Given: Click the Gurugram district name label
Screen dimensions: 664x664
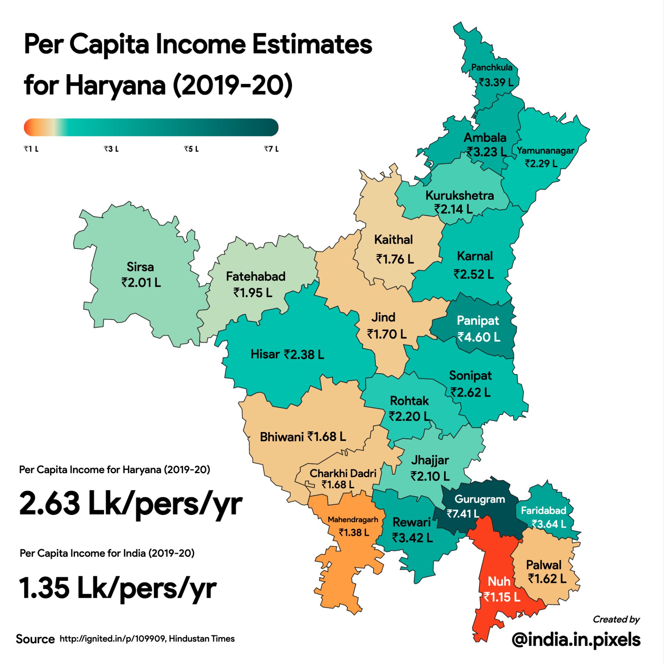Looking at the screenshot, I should [x=479, y=499].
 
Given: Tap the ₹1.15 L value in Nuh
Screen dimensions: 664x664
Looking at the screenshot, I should [x=502, y=597].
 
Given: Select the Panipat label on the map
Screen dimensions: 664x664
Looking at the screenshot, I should [x=478, y=320].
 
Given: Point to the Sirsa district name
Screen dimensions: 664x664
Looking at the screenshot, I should [x=140, y=267].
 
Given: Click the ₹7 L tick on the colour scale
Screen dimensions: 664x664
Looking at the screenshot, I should [x=271, y=149].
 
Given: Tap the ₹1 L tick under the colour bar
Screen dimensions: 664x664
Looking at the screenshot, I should [x=31, y=149].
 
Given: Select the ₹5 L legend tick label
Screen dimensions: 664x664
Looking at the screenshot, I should [x=191, y=149].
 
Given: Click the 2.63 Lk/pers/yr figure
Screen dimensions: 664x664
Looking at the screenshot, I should [x=131, y=504].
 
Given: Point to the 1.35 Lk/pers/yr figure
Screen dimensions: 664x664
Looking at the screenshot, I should [x=118, y=588].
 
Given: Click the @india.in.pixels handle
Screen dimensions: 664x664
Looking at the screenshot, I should [x=576, y=639].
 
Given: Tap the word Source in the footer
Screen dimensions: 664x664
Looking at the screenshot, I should [x=35, y=639].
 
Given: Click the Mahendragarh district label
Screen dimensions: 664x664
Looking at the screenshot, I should [x=353, y=519].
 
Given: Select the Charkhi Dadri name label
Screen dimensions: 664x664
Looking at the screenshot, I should [x=343, y=473].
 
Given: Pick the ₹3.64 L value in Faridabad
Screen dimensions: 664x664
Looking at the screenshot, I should [x=549, y=524].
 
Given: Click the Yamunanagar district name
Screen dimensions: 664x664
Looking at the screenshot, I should [x=545, y=150].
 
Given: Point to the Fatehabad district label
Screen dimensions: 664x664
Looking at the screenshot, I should [x=255, y=276].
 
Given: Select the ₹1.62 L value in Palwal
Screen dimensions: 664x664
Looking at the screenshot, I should [x=547, y=579].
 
